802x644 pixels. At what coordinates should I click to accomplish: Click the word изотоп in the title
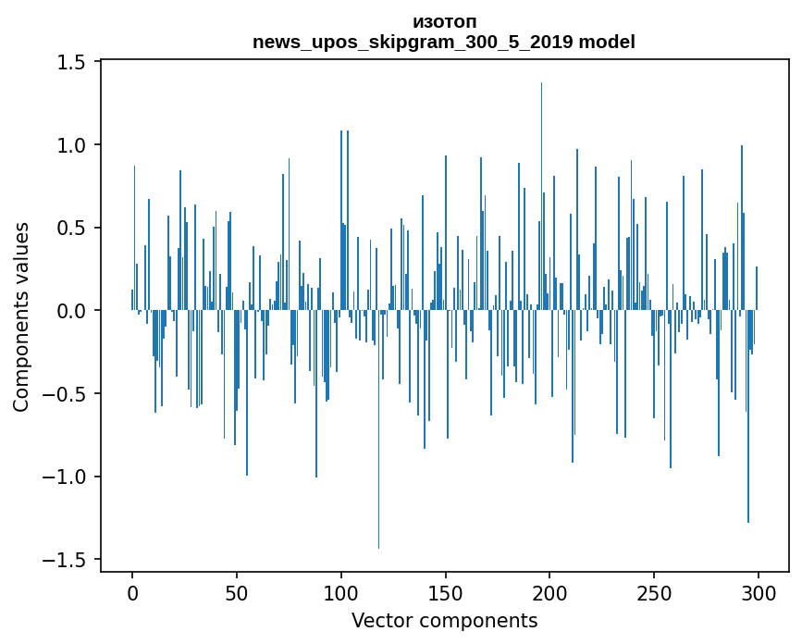click(445, 22)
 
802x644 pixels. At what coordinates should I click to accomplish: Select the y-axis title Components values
click(21, 316)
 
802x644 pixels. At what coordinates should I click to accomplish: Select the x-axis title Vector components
click(444, 620)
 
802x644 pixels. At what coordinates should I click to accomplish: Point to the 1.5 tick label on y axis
click(71, 62)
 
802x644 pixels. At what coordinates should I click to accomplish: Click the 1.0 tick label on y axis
click(71, 145)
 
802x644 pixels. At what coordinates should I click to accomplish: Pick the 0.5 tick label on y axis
click(71, 228)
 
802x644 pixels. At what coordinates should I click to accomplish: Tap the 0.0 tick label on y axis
click(71, 311)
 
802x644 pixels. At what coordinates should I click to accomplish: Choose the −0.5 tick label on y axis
click(65, 394)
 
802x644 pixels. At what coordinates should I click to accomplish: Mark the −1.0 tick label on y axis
click(65, 477)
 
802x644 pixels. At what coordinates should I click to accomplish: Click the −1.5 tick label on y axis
click(65, 560)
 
